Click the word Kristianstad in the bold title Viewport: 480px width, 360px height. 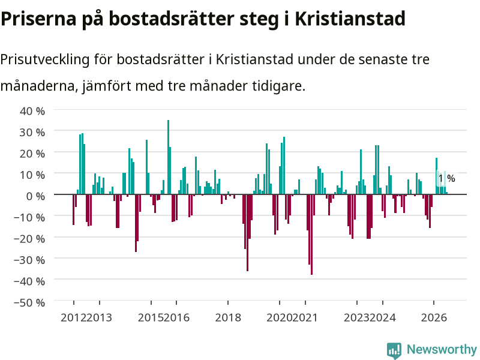[x=350, y=19]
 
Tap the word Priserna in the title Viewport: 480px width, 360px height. [x=38, y=19]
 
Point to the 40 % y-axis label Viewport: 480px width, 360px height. [x=32, y=111]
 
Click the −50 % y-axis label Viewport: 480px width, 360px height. [x=29, y=302]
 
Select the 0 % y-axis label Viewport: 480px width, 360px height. [x=35, y=196]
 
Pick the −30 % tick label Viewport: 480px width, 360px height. [x=29, y=260]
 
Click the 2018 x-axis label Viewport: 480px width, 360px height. [x=228, y=317]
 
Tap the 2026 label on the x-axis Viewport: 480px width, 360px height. [x=434, y=317]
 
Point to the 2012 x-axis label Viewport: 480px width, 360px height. [x=73, y=317]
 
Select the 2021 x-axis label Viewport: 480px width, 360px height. [x=305, y=317]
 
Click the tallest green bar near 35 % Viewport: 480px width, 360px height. [x=168, y=157]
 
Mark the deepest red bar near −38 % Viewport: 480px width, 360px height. [x=311, y=235]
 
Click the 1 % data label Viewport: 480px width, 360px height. [x=446, y=178]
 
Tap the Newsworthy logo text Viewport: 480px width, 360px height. [x=442, y=349]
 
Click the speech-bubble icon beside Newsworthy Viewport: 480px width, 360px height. [x=394, y=350]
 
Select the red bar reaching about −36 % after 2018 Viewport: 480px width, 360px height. [x=247, y=233]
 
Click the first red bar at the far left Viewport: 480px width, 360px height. [x=73, y=209]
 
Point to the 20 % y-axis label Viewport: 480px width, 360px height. [x=32, y=154]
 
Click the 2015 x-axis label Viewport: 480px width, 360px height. [x=151, y=317]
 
